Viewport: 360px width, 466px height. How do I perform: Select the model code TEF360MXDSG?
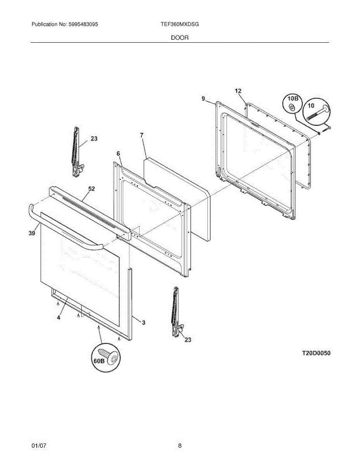click(180, 24)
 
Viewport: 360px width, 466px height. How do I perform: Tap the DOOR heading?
click(180, 38)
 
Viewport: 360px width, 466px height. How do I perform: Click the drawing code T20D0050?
click(316, 353)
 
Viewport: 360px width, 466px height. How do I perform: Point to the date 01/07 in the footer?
click(39, 446)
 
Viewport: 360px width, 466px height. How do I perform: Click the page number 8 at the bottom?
click(180, 446)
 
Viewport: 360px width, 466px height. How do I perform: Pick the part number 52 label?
click(91, 189)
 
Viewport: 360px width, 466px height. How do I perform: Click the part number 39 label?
click(32, 233)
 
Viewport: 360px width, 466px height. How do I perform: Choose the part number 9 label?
click(203, 99)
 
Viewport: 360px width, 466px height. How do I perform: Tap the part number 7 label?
click(142, 135)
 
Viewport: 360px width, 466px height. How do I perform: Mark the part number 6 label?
click(118, 154)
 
